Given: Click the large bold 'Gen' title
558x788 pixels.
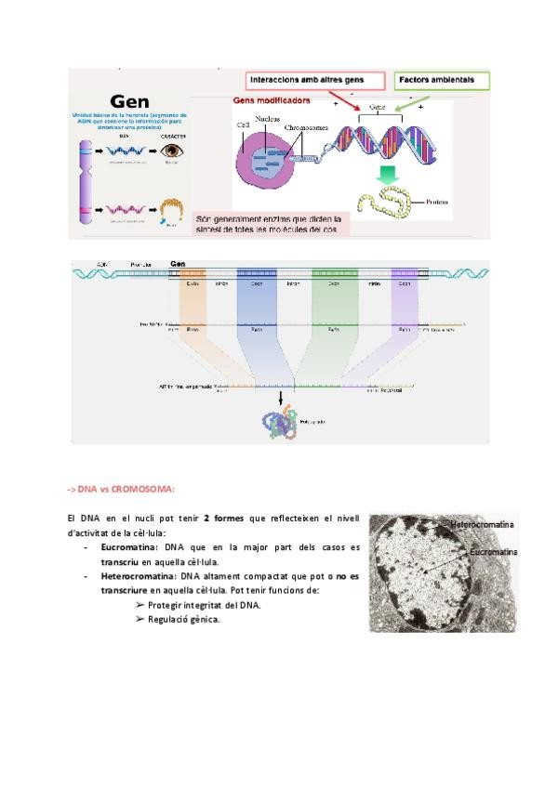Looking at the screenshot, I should pos(130,99).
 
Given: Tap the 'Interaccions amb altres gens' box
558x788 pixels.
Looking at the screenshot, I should pos(303,80).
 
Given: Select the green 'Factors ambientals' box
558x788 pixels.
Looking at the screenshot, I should pos(442,80).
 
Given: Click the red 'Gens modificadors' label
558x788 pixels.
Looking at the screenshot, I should pos(272,99).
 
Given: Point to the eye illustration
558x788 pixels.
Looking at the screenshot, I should pos(171,150).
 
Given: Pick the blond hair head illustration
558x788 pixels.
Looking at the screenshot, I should pos(169,210).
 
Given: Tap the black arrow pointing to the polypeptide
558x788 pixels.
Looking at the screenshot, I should pos(282,398).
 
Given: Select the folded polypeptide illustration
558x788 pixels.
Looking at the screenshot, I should pos(281,423).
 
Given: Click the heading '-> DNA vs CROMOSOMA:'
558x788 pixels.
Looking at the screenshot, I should pos(121,489).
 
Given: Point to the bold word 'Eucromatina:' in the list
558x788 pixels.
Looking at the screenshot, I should pos(128,548).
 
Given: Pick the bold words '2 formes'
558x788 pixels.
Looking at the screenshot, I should pos(225,517).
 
